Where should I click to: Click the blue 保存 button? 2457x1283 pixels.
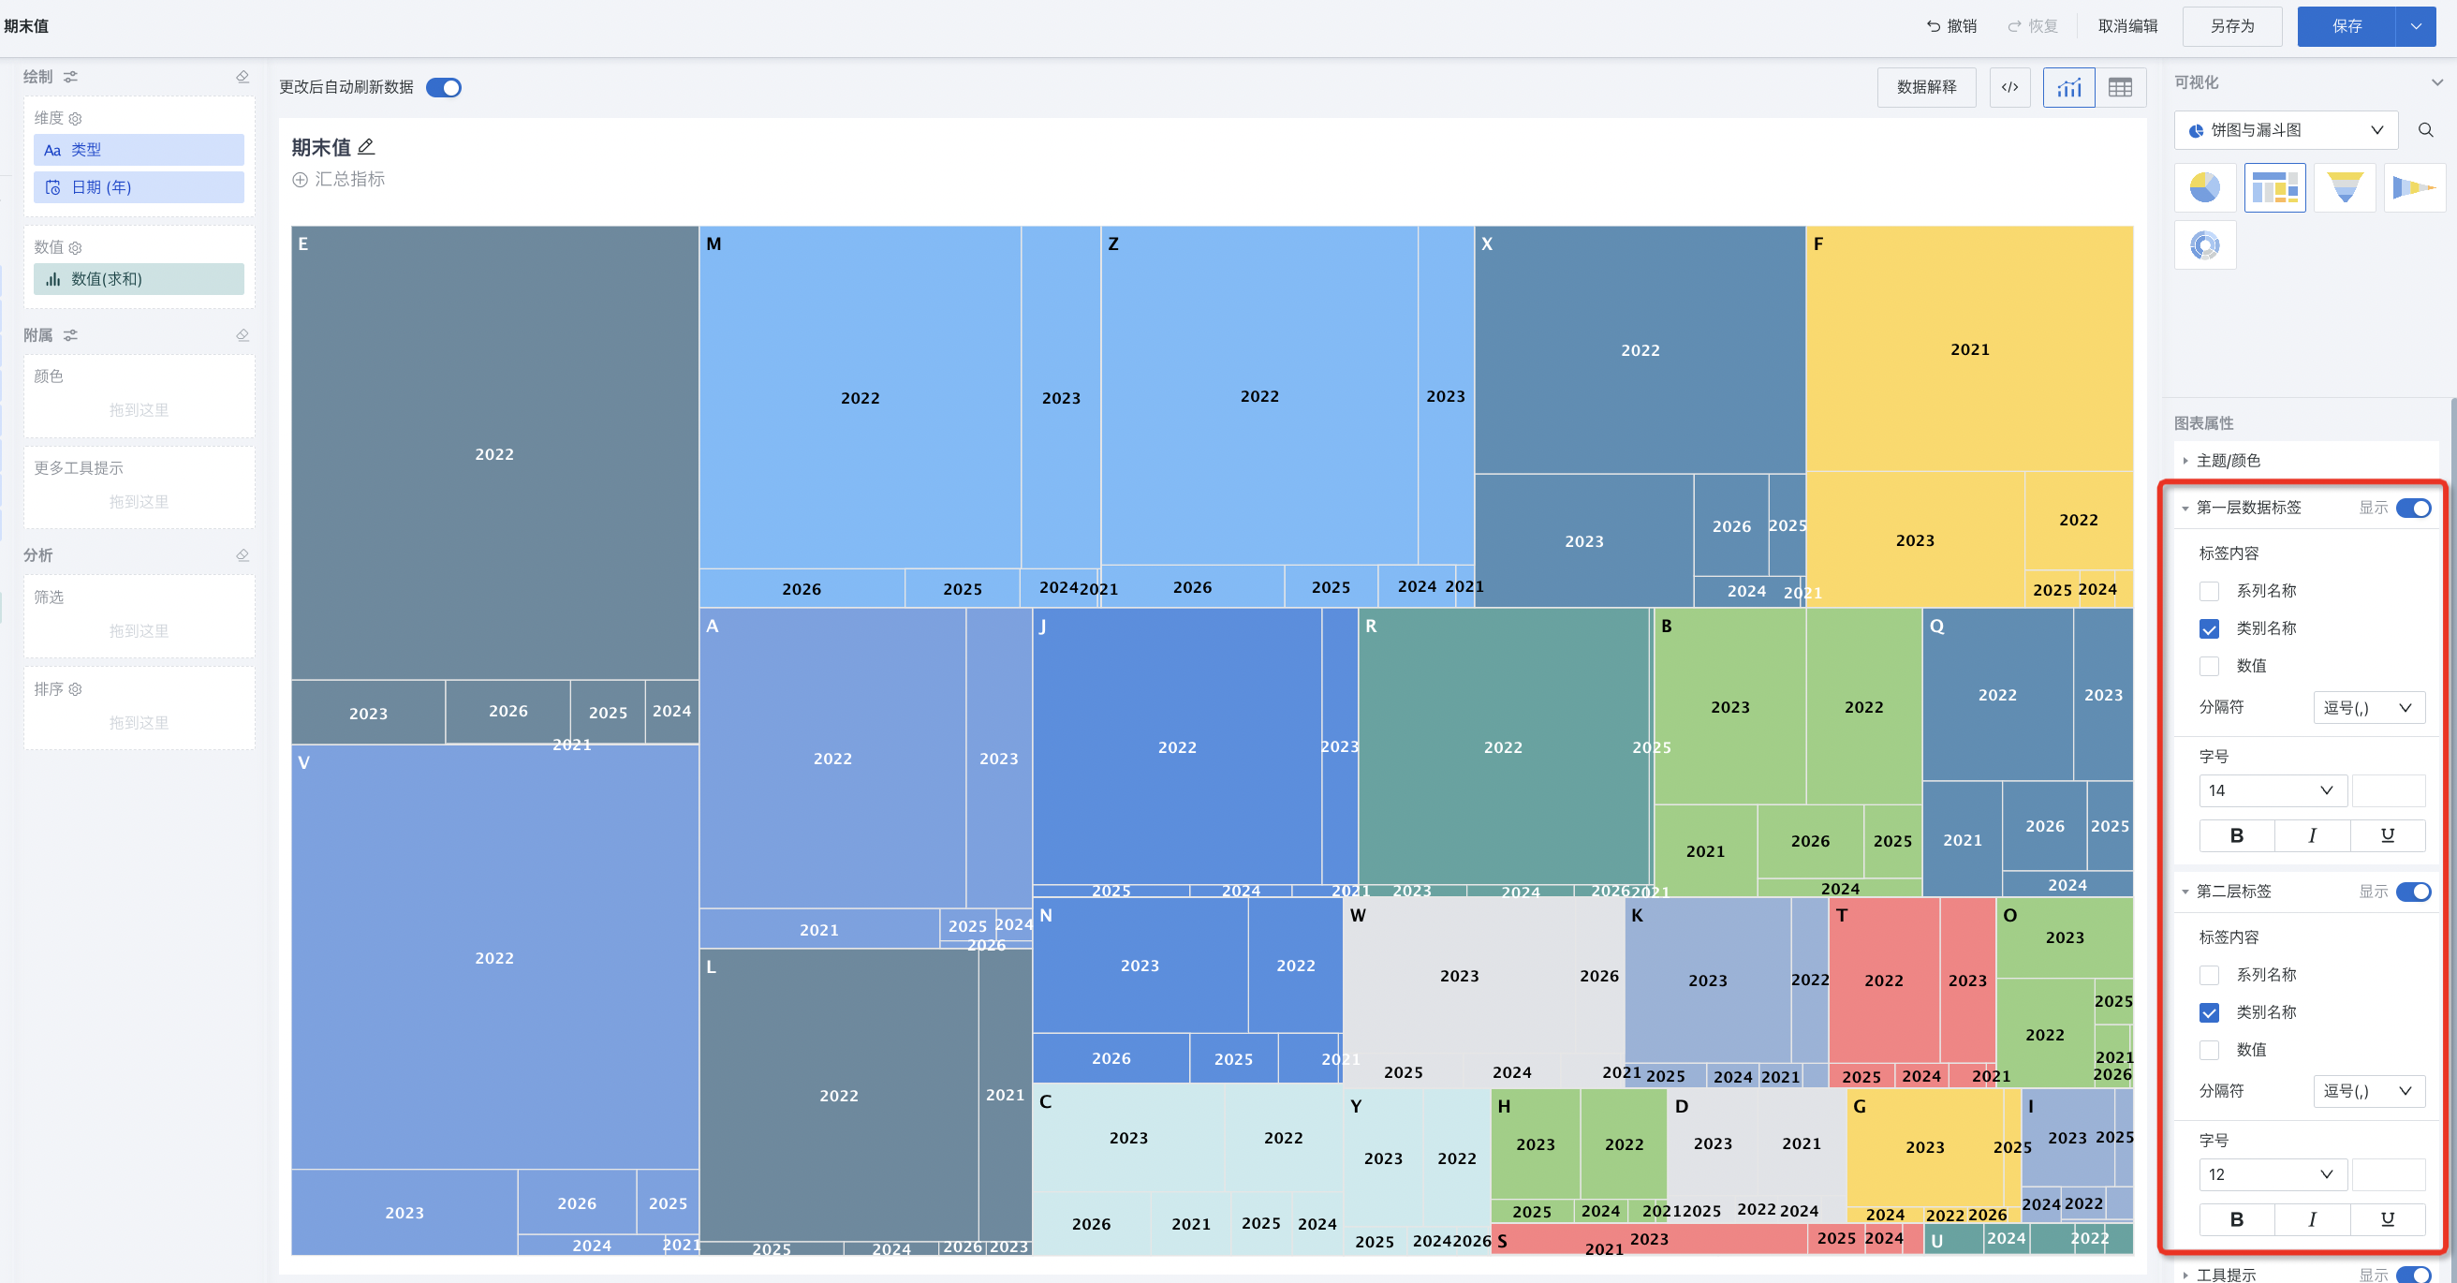(x=2346, y=27)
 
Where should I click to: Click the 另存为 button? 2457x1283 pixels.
(x=2231, y=27)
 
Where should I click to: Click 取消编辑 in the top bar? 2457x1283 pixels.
(x=2127, y=27)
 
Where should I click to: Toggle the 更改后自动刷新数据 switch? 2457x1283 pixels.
(x=444, y=88)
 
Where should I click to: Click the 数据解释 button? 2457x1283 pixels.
(x=1926, y=88)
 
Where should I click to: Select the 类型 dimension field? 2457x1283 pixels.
(x=140, y=150)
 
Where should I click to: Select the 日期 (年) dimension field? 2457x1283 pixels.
(x=140, y=187)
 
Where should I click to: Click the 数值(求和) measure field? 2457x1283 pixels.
(x=140, y=278)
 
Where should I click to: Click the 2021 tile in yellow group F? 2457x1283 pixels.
(x=1969, y=350)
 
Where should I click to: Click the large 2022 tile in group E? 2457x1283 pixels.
(x=494, y=454)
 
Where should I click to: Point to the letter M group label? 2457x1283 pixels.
(x=714, y=244)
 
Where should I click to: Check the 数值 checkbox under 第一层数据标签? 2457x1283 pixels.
(x=2209, y=666)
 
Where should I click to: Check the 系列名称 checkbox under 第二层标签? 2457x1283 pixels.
(x=2209, y=975)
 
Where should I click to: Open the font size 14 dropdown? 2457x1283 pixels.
(x=2270, y=790)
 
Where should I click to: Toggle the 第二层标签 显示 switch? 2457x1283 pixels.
(x=2413, y=892)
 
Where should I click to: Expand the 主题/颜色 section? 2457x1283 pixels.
(x=2229, y=461)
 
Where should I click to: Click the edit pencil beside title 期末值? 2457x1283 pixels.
(x=366, y=147)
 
